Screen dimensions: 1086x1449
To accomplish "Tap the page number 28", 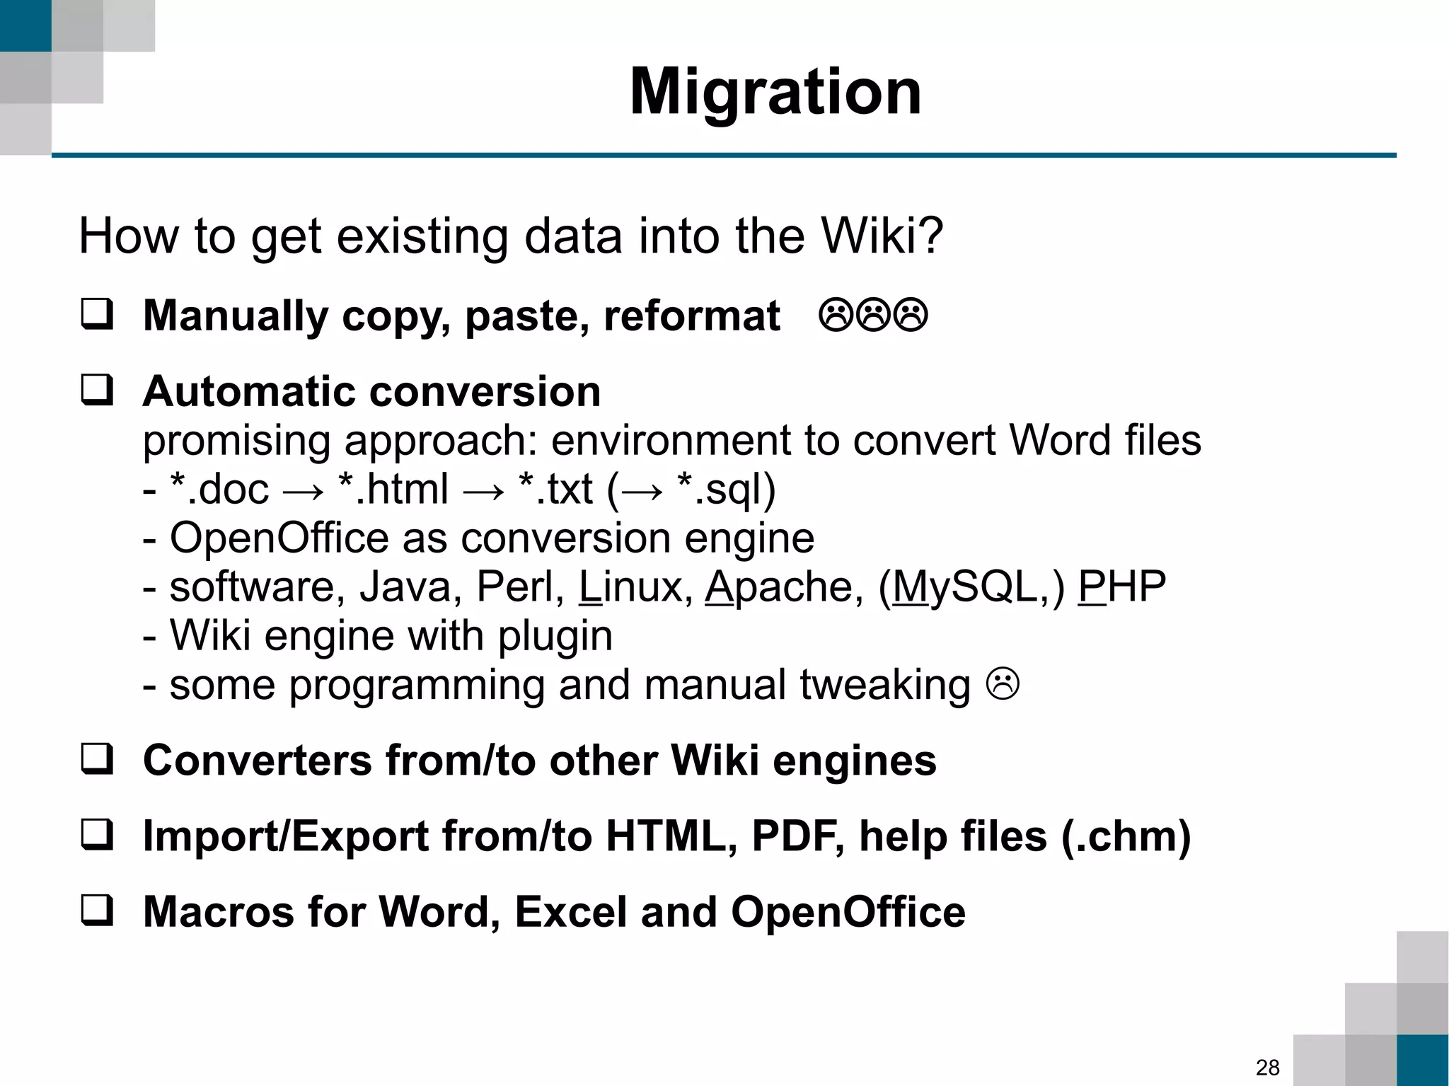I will click(1267, 1067).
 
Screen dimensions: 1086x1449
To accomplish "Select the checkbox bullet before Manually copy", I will click(97, 314).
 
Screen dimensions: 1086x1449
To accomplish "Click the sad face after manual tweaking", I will click(1003, 684).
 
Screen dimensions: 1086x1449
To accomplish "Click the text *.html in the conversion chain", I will click(393, 489).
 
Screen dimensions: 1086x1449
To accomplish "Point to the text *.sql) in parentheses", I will click(727, 489).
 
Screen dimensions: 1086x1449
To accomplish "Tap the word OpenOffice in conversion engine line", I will click(279, 538).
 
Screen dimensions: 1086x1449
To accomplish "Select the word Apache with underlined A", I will click(784, 587).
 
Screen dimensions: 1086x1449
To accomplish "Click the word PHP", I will click(1122, 587).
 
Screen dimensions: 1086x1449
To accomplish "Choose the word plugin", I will click(555, 636).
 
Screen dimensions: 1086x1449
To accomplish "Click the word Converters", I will click(258, 761).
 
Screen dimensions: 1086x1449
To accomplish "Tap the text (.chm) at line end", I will click(1126, 836).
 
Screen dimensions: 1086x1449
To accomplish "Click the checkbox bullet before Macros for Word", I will click(97, 911).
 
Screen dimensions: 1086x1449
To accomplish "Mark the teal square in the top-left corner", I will click(25, 25).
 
